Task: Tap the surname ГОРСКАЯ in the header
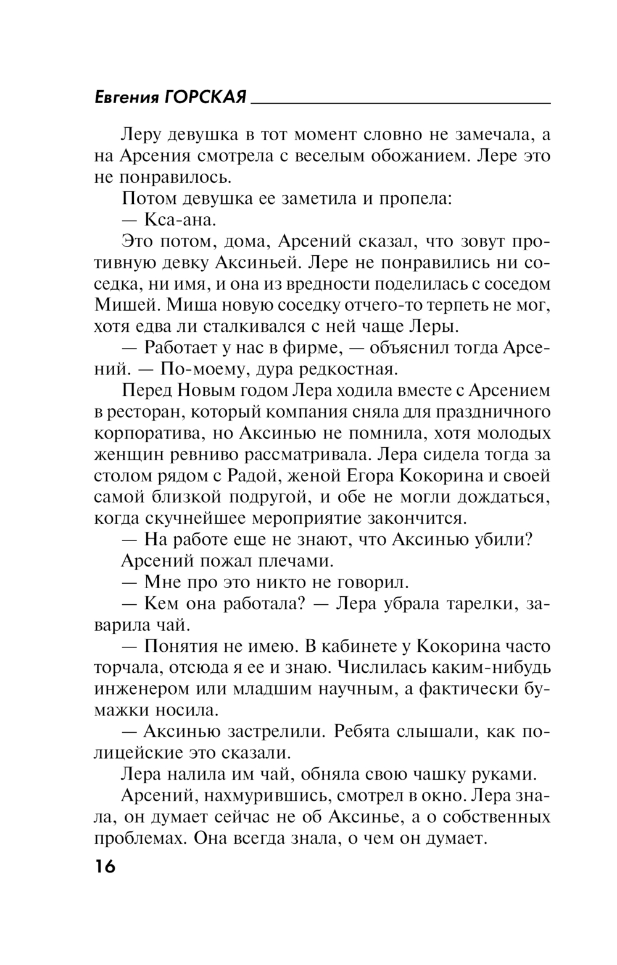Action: click(207, 98)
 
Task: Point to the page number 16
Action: click(106, 866)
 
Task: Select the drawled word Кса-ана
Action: click(180, 220)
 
